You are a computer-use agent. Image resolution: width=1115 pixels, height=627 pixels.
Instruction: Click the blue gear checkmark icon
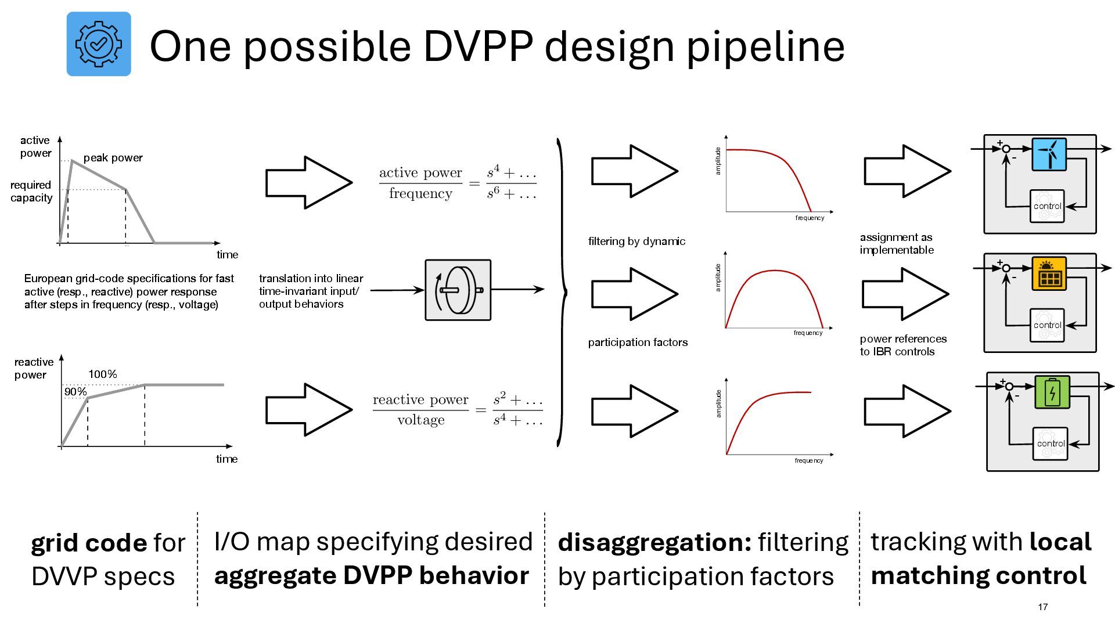pyautogui.click(x=99, y=44)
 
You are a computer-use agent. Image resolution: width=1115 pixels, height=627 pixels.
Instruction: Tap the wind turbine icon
pyautogui.click(x=1049, y=154)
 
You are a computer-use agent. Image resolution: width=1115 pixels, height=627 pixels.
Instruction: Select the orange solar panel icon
pyautogui.click(x=1049, y=273)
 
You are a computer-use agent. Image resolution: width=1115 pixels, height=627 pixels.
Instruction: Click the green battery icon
pyautogui.click(x=1052, y=392)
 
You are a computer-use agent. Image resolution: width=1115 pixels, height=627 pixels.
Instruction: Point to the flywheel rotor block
pyautogui.click(x=458, y=290)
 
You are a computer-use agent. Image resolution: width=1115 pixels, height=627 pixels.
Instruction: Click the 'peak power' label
pyautogui.click(x=113, y=158)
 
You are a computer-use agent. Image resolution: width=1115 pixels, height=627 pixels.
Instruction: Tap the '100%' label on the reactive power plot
pyautogui.click(x=103, y=374)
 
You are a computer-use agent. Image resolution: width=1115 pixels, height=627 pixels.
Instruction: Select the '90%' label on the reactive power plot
pyautogui.click(x=75, y=392)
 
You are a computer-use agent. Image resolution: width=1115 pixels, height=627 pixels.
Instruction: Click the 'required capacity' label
pyautogui.click(x=31, y=192)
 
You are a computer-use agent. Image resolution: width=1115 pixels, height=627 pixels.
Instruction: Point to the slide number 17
pyautogui.click(x=1042, y=607)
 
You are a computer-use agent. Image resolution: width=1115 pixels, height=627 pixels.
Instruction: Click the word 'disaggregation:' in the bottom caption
pyautogui.click(x=654, y=542)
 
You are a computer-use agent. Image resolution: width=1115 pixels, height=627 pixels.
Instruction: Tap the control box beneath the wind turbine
pyautogui.click(x=1047, y=206)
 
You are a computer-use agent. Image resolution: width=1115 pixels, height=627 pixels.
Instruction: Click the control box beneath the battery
pyautogui.click(x=1051, y=444)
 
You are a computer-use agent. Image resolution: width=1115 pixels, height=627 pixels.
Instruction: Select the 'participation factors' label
pyautogui.click(x=638, y=343)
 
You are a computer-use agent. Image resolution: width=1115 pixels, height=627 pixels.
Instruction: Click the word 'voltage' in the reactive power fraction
pyautogui.click(x=421, y=420)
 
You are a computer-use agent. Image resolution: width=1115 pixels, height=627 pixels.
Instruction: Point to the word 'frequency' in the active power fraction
pyautogui.click(x=420, y=193)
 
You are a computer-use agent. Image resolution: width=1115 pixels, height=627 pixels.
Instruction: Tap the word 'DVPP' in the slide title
pyautogui.click(x=477, y=46)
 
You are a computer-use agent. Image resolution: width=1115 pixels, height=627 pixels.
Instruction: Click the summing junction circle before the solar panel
pyautogui.click(x=1006, y=268)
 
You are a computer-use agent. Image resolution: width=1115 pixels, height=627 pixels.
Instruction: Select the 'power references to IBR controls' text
pyautogui.click(x=903, y=345)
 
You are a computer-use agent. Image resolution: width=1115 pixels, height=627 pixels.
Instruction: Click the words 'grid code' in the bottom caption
pyautogui.click(x=89, y=543)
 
